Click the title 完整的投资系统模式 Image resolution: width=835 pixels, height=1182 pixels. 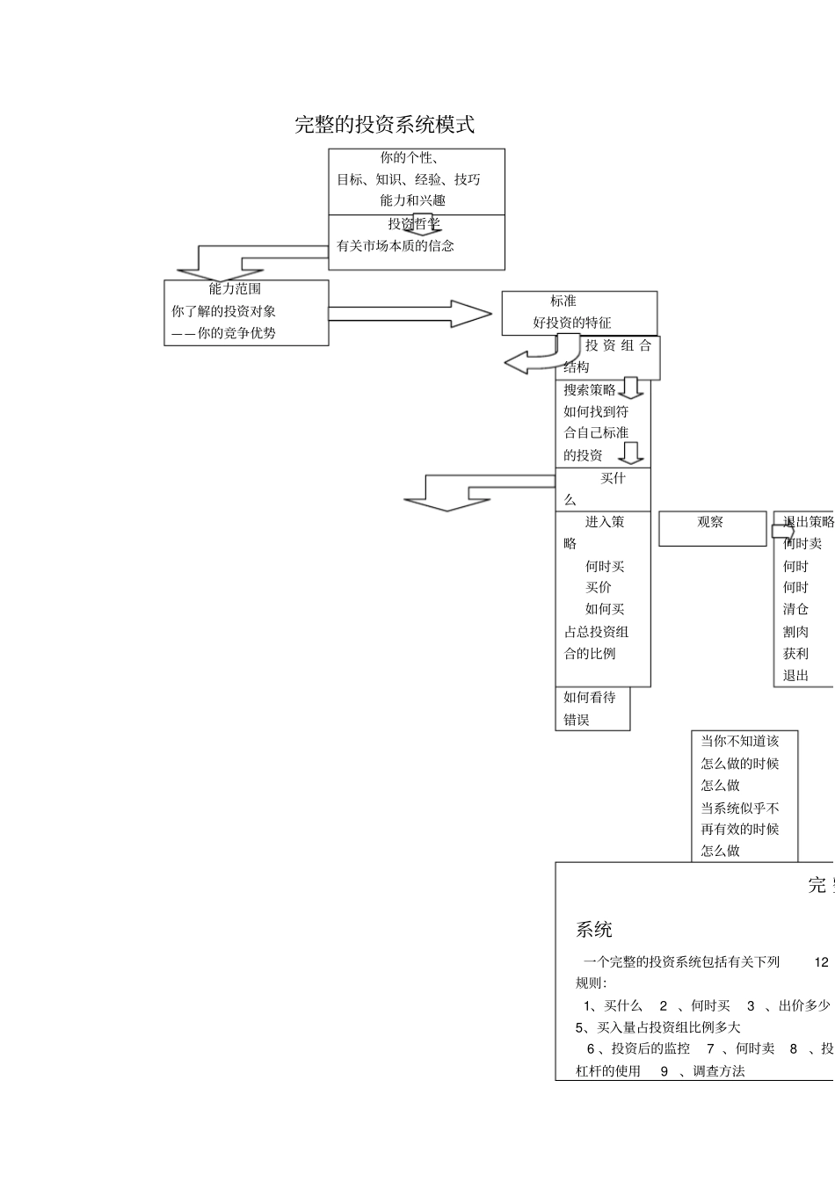384,125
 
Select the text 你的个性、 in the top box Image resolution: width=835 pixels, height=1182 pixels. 409,158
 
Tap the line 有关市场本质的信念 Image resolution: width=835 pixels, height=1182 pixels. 396,246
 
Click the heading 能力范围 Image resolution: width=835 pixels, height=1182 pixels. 235,289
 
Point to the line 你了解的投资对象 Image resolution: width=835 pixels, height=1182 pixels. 223,311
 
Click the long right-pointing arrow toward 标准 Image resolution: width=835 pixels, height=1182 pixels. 409,314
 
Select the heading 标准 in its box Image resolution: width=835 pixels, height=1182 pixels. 563,301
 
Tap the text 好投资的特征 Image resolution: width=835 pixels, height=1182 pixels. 571,323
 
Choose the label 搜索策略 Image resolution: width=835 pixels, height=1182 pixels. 590,390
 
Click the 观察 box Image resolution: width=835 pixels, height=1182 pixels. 711,523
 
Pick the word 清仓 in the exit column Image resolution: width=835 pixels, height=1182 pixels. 795,609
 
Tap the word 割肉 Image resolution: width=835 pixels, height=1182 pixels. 795,632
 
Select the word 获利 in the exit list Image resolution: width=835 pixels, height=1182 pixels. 795,654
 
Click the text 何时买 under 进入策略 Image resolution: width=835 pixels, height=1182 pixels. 605,567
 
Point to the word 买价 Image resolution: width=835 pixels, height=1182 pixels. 599,588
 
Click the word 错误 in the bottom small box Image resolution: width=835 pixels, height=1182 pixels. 577,720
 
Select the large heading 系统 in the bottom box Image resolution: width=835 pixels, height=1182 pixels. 594,930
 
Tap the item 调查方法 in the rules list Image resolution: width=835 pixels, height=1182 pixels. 718,1071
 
